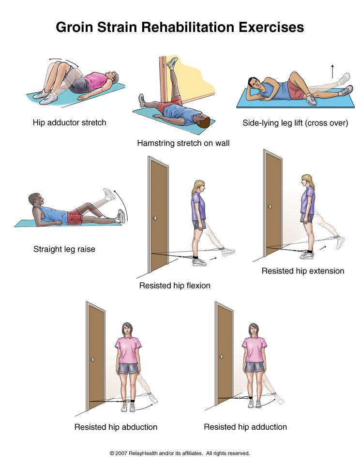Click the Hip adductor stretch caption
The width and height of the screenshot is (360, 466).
(x=69, y=122)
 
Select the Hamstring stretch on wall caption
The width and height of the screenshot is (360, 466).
(x=183, y=143)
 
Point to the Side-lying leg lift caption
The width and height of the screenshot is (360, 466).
(x=295, y=123)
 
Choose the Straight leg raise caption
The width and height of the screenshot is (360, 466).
(x=64, y=249)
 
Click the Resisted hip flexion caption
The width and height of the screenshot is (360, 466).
(x=175, y=286)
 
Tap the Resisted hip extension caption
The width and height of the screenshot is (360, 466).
(x=303, y=271)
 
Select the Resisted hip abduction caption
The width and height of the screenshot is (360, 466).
(x=116, y=427)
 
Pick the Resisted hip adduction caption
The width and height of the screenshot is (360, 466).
(x=245, y=427)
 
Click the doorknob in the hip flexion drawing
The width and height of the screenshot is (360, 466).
(x=155, y=218)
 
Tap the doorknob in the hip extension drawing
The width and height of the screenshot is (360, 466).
(x=270, y=206)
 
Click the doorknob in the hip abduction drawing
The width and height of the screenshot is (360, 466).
(x=92, y=360)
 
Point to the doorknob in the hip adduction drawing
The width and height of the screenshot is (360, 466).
(x=221, y=357)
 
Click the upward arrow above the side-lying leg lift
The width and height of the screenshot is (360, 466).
(x=332, y=71)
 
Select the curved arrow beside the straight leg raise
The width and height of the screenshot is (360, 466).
(x=122, y=205)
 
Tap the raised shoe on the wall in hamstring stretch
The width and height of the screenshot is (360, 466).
(x=172, y=62)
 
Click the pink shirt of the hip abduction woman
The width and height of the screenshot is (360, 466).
(x=128, y=350)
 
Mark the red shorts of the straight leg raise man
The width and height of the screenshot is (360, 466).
(x=75, y=218)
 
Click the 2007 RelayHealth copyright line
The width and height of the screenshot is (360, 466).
(x=180, y=453)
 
